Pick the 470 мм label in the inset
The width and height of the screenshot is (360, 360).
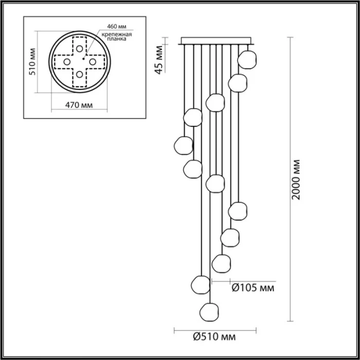(79, 105)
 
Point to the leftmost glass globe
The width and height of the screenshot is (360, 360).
(183, 146)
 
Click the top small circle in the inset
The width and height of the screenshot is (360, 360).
(80, 48)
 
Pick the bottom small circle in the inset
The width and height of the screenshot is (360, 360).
(80, 75)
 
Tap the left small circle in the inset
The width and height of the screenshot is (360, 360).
(66, 61)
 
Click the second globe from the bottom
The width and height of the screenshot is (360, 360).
(200, 284)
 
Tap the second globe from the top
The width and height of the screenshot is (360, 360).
(237, 82)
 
